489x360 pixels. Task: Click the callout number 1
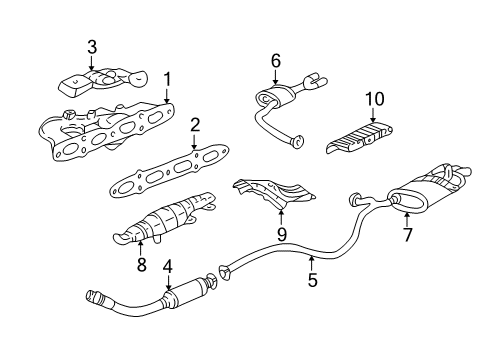tap(168, 77)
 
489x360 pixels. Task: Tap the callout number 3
tap(91, 46)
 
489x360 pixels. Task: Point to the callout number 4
tap(168, 267)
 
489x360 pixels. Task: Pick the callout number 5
tap(313, 281)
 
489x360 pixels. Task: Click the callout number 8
tap(141, 265)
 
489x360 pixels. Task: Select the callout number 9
tap(281, 234)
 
